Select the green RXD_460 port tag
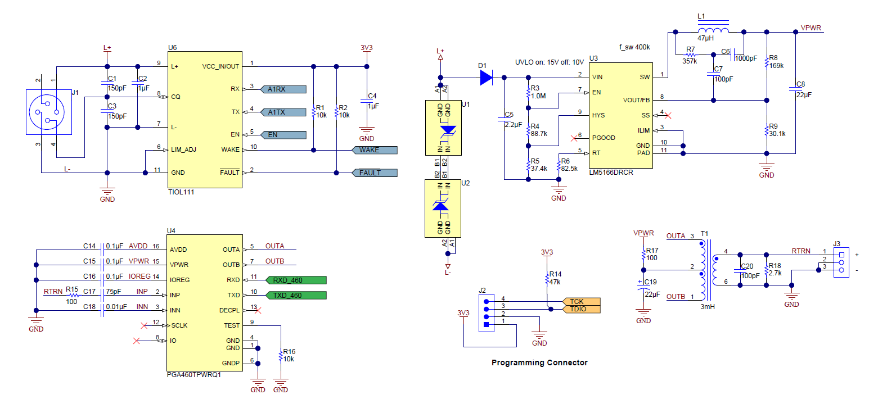pyautogui.click(x=295, y=280)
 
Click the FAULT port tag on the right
pyautogui.click(x=374, y=173)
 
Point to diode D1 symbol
pyautogui.click(x=486, y=78)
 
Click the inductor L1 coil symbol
pyautogui.click(x=713, y=30)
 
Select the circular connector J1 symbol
pyautogui.click(x=49, y=112)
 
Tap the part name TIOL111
pyautogui.click(x=181, y=192)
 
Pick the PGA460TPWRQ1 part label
pyautogui.click(x=193, y=375)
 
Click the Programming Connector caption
pyautogui.click(x=539, y=362)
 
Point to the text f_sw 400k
pyautogui.click(x=633, y=47)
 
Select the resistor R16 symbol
pyautogui.click(x=281, y=356)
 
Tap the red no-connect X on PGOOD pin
pyautogui.click(x=574, y=137)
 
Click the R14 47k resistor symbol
pyautogui.click(x=546, y=279)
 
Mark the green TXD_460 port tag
pyautogui.click(x=295, y=295)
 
